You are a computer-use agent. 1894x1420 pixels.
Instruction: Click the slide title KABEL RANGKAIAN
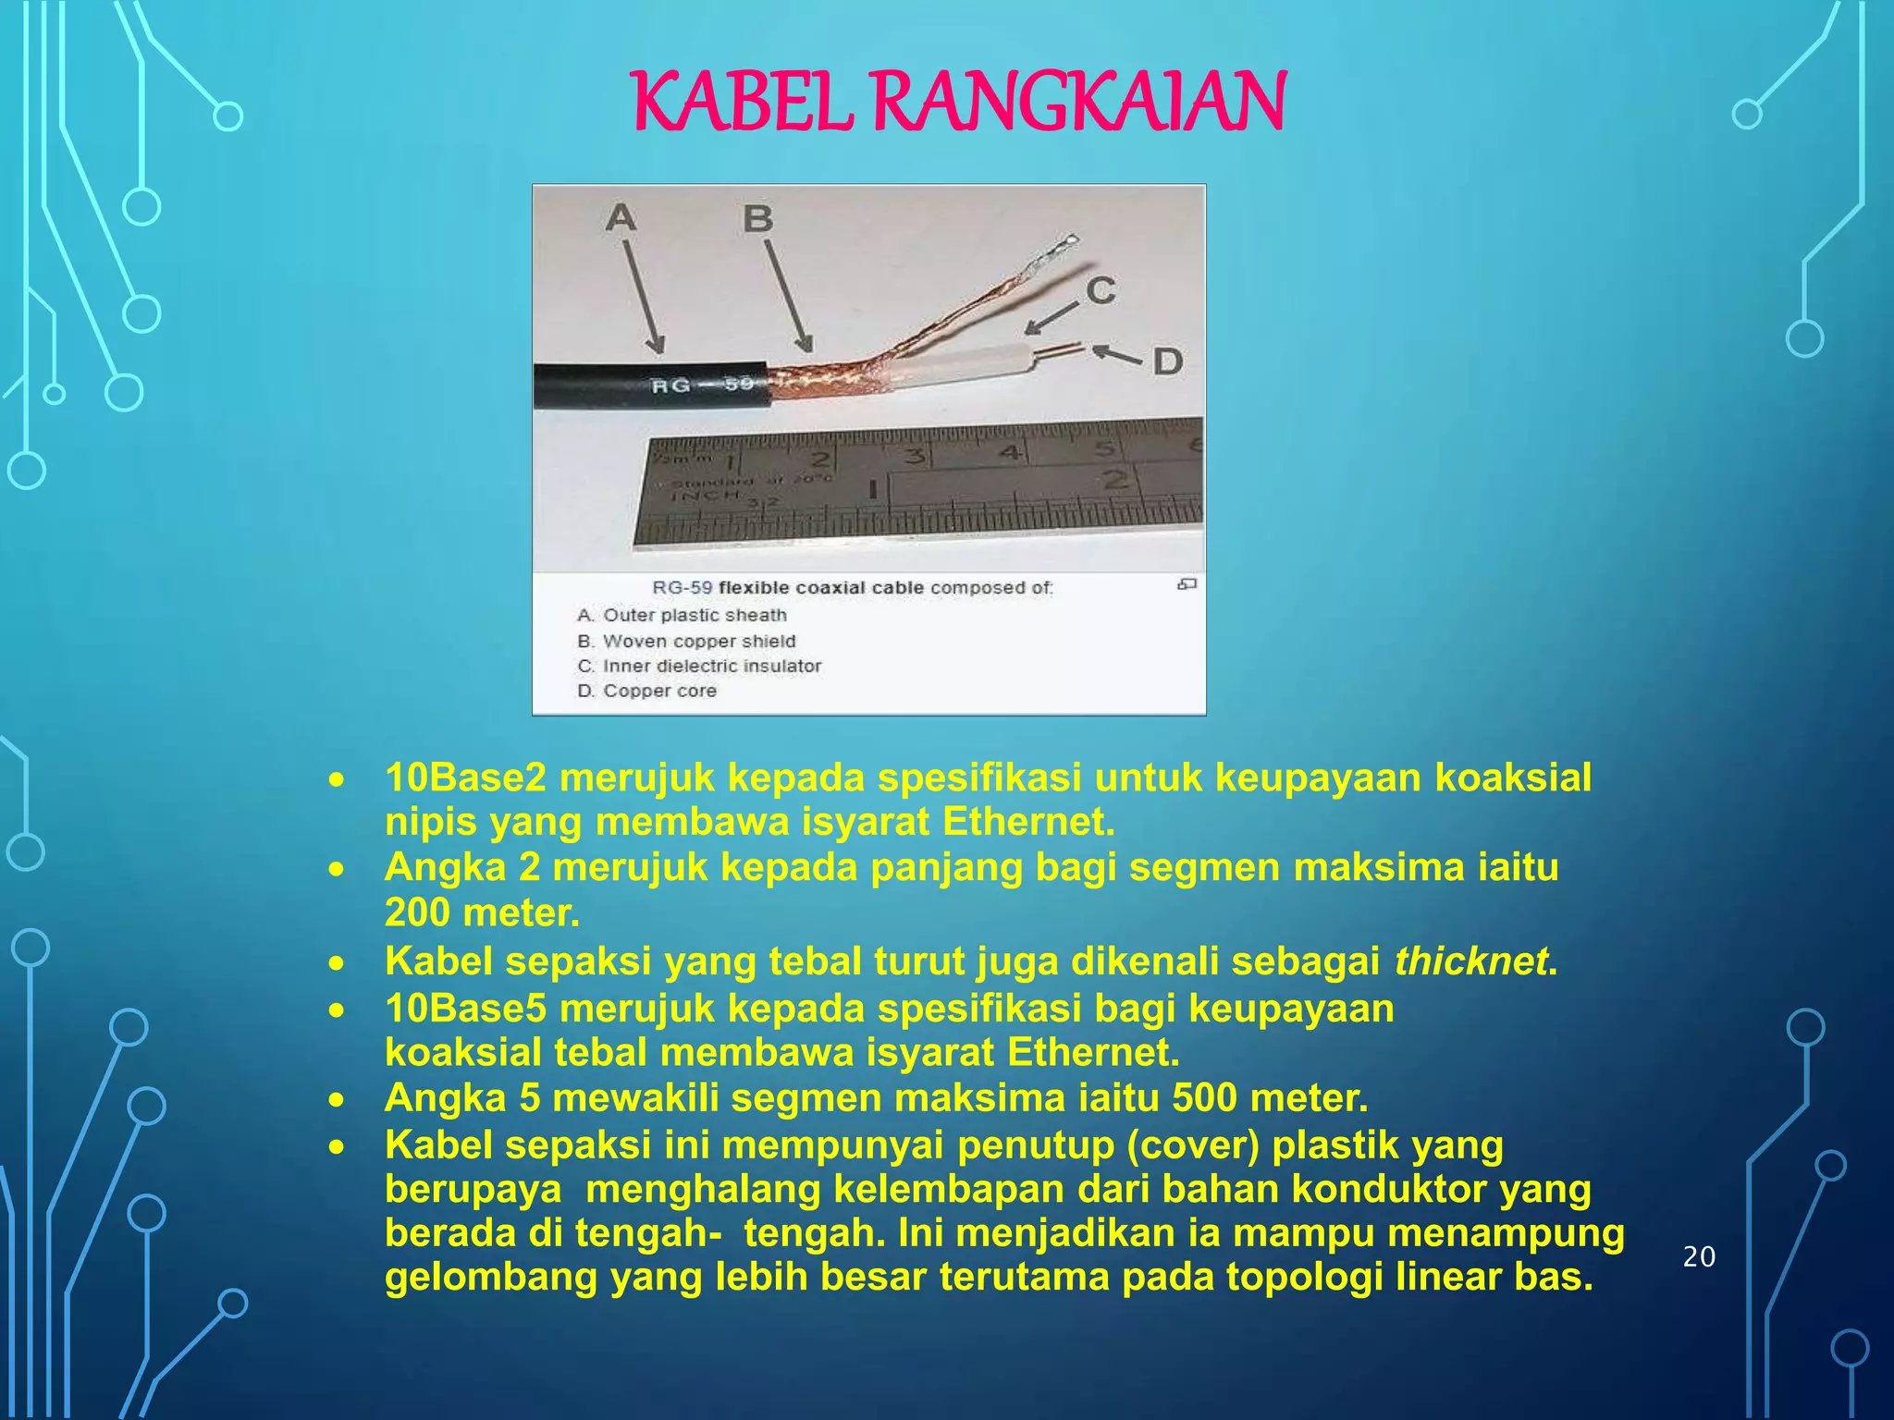959,101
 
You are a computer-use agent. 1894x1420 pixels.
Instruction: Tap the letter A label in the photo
621,218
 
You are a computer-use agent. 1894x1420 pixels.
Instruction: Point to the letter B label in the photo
757,219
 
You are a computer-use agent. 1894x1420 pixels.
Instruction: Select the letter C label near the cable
1100,291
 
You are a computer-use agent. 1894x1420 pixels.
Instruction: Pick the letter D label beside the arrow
1168,361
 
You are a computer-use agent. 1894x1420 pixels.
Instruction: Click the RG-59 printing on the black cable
702,384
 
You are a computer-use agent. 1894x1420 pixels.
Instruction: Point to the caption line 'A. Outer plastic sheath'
682,616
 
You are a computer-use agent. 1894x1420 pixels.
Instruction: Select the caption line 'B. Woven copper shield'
686,642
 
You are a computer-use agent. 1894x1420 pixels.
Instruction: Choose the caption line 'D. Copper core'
646,692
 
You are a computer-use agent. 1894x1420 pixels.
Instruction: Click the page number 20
1699,1257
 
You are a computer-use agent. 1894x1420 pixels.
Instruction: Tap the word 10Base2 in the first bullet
466,777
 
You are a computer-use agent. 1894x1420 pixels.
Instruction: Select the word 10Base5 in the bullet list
466,1008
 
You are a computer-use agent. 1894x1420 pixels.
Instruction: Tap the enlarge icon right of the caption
1187,584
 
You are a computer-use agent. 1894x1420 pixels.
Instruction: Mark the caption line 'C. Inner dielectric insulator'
699,667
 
